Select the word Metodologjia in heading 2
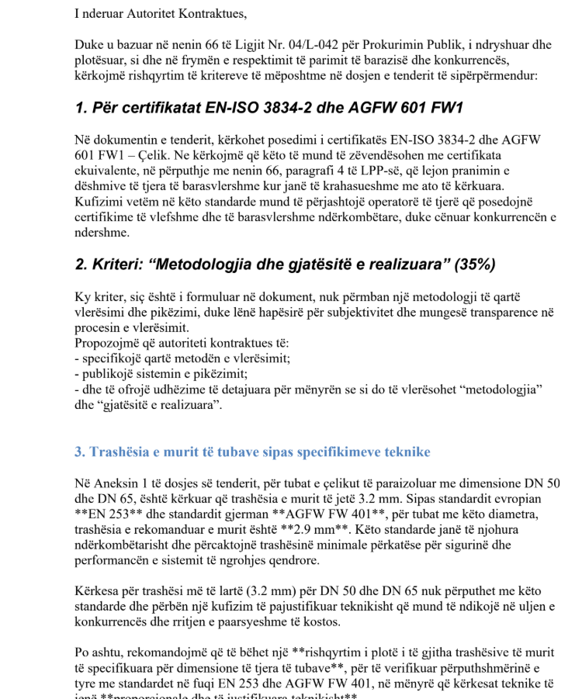point(211,265)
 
